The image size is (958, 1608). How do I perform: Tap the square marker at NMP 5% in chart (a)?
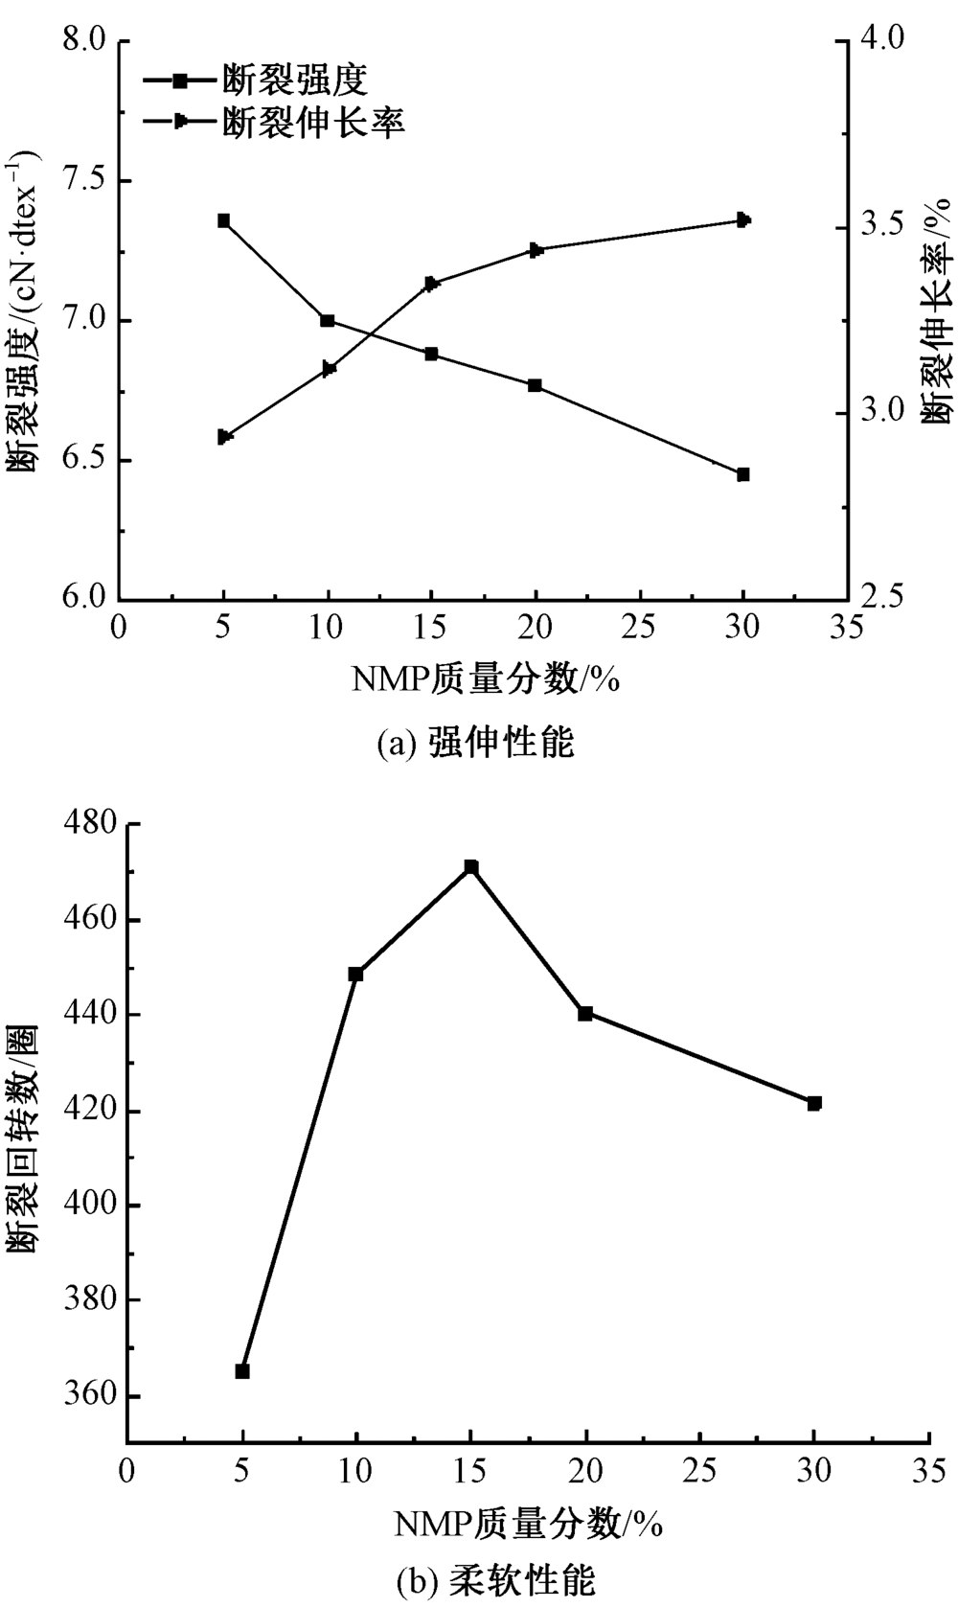[223, 220]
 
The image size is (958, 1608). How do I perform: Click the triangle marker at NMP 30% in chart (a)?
[742, 220]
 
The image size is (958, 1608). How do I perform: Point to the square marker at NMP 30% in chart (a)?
[742, 474]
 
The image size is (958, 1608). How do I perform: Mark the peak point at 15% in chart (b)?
[471, 867]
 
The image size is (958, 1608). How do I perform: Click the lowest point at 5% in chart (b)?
[242, 1371]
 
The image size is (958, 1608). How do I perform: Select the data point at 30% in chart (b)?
[814, 1103]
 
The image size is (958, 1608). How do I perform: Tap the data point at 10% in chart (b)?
[356, 975]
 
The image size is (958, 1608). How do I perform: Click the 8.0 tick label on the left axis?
[82, 41]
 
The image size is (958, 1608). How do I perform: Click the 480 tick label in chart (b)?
[89, 824]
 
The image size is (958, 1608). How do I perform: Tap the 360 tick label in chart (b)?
[89, 1396]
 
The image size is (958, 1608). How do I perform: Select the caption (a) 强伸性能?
[476, 743]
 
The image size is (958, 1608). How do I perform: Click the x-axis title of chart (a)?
[485, 678]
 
